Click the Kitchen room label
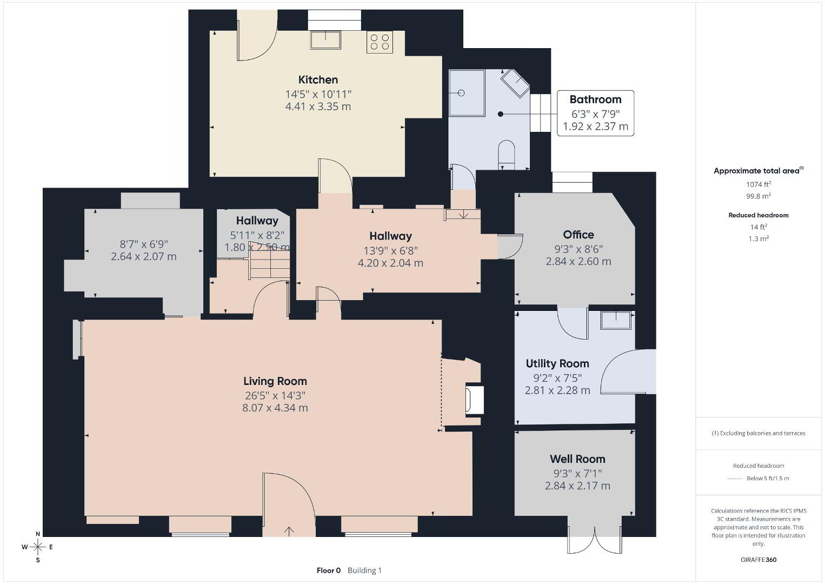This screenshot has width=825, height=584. click(318, 79)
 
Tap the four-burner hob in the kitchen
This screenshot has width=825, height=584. click(380, 42)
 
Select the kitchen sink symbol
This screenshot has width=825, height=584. click(325, 40)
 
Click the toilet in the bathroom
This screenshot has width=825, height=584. click(507, 155)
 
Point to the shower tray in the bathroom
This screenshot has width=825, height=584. click(467, 93)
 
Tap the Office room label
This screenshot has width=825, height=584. click(578, 235)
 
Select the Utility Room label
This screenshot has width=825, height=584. click(557, 364)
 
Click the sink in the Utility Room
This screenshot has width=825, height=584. click(616, 320)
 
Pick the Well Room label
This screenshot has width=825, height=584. click(577, 459)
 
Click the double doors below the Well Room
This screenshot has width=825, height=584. click(595, 540)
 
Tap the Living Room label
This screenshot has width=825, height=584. click(275, 381)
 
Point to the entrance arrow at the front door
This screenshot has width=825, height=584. click(289, 532)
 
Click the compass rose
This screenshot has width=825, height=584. click(37, 547)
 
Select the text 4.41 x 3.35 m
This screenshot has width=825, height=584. click(318, 107)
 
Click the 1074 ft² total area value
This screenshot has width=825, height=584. click(759, 184)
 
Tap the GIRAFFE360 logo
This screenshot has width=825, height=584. click(759, 560)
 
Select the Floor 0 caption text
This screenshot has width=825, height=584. click(329, 570)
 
